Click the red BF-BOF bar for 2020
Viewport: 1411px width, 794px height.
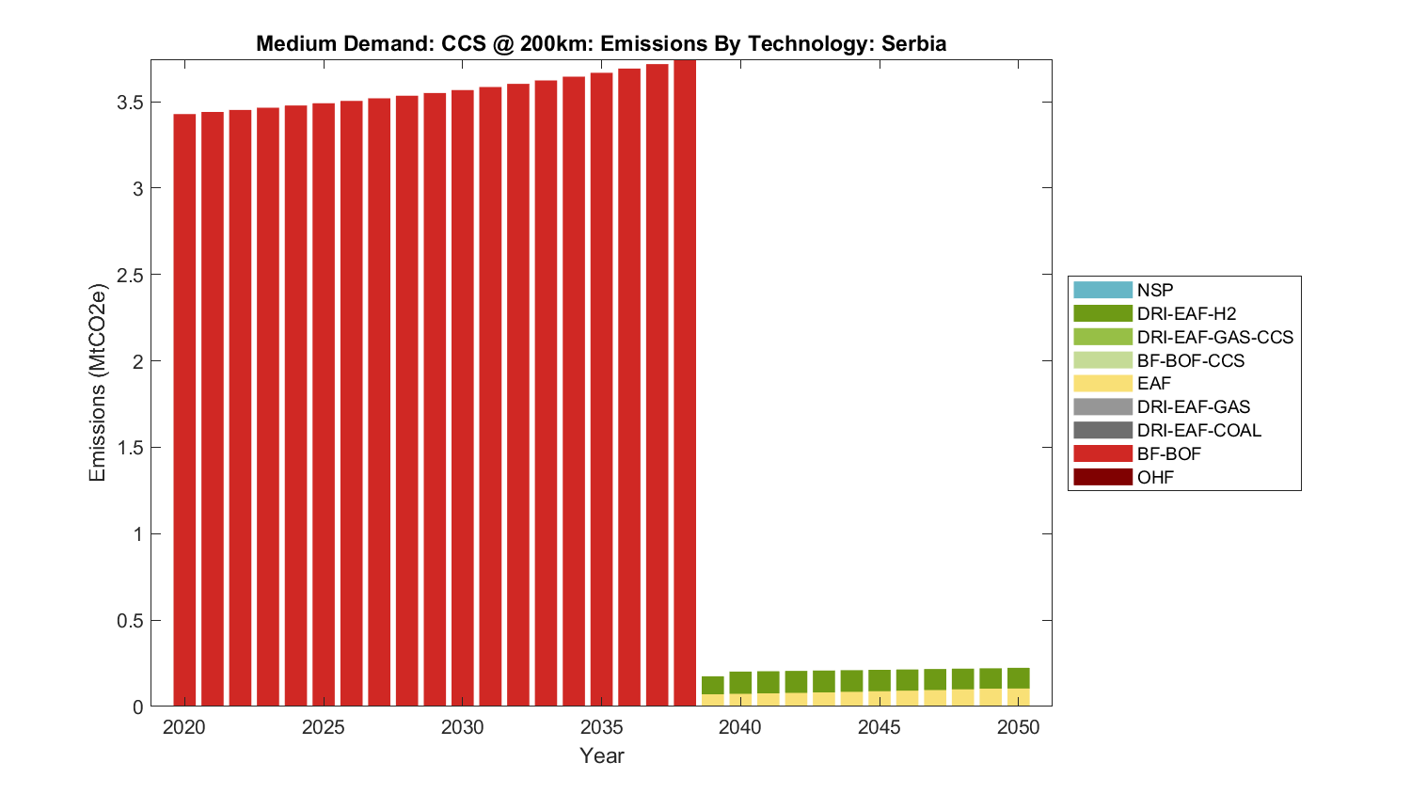(x=184, y=409)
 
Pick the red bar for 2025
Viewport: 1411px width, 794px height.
(x=324, y=404)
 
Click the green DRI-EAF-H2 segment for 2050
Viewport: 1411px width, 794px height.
(x=1019, y=678)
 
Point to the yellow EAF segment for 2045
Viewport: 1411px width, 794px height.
(x=880, y=699)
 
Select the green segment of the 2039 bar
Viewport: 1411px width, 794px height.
(x=713, y=685)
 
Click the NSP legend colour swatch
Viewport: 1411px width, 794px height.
(x=1102, y=290)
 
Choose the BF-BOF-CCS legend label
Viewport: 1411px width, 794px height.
(x=1190, y=360)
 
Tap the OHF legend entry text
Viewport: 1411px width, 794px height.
(x=1155, y=477)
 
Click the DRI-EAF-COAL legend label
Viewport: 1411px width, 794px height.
(x=1198, y=430)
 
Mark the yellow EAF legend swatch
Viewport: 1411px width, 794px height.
(x=1102, y=383)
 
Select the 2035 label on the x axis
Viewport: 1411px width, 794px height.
(x=601, y=727)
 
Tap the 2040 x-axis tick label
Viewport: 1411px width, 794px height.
(x=740, y=727)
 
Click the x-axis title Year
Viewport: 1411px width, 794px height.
(x=601, y=755)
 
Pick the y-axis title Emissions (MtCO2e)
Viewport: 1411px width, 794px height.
(x=97, y=383)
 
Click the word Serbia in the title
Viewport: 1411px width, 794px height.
(x=913, y=43)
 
